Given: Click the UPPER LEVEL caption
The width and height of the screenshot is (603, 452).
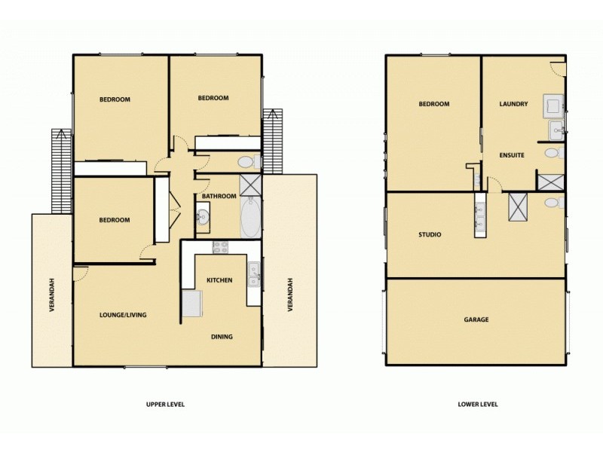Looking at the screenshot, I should [165, 405].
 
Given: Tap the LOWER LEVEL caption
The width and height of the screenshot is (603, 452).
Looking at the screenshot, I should [477, 405].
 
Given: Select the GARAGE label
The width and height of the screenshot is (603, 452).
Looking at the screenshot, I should [476, 319].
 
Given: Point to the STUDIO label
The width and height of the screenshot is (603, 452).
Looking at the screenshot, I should [430, 235].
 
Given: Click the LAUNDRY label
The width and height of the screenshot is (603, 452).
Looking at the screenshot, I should [513, 104].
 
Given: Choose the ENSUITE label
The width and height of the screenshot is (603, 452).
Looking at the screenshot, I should [512, 155].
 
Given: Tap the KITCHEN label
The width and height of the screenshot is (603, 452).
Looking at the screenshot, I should [219, 281].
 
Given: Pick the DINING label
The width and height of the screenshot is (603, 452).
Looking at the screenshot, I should [222, 337].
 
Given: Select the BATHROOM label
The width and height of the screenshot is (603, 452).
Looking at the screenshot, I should [219, 197].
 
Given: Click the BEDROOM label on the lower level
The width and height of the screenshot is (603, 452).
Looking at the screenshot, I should [434, 104].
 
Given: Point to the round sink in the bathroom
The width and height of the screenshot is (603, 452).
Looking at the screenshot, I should [203, 218].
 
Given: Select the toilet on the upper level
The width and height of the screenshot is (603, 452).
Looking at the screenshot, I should [246, 162].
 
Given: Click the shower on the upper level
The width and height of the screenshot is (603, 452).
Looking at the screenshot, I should [249, 185].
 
